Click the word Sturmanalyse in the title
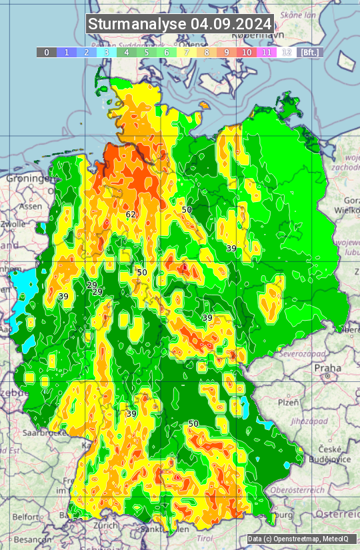pyautogui.click(x=137, y=24)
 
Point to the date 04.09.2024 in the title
pyautogui.click(x=231, y=24)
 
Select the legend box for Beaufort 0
pyautogui.click(x=46, y=52)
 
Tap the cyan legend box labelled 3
pyautogui.click(x=107, y=52)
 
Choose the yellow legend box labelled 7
pyautogui.click(x=187, y=52)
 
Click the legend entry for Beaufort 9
pyautogui.click(x=227, y=52)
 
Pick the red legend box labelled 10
pyautogui.click(x=247, y=52)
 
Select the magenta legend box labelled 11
pyautogui.click(x=267, y=52)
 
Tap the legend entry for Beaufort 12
pyautogui.click(x=287, y=52)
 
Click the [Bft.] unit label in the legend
pyautogui.click(x=310, y=52)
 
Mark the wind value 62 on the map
pyautogui.click(x=131, y=215)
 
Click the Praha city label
pyautogui.click(x=327, y=367)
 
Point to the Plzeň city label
pyautogui.click(x=288, y=403)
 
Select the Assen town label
pyautogui.click(x=30, y=207)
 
